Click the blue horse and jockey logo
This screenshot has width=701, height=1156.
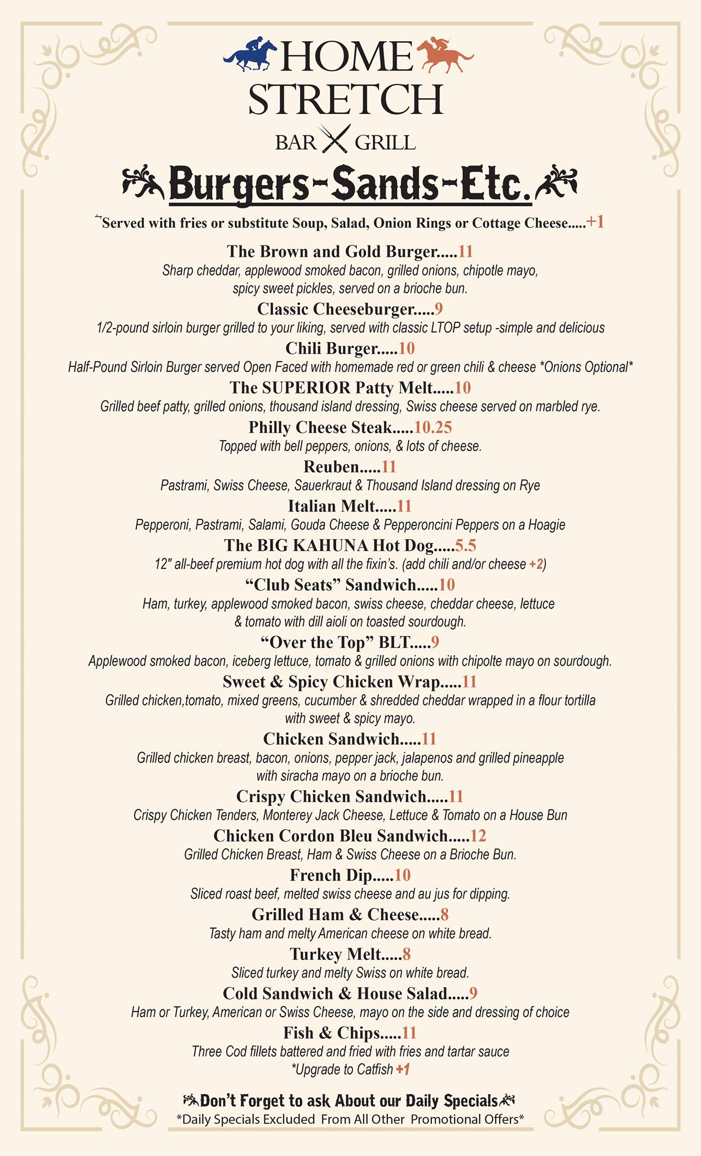pyautogui.click(x=250, y=55)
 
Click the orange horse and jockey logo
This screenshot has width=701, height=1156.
pyautogui.click(x=445, y=55)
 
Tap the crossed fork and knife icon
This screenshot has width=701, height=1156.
pyautogui.click(x=335, y=139)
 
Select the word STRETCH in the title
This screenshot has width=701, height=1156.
pyautogui.click(x=345, y=99)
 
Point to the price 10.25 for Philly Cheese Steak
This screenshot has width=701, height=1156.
pyautogui.click(x=433, y=427)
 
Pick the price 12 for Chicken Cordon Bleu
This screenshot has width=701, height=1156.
pyautogui.click(x=478, y=835)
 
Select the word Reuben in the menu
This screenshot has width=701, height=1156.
pyautogui.click(x=331, y=467)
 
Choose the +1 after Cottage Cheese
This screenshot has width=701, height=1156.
pyautogui.click(x=595, y=222)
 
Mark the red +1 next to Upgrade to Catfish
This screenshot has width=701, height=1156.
pyautogui.click(x=403, y=1069)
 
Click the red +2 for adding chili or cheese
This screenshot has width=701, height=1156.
pyautogui.click(x=536, y=564)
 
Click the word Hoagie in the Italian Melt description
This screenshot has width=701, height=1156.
pyautogui.click(x=546, y=525)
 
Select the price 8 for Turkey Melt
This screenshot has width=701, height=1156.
pyautogui.click(x=407, y=954)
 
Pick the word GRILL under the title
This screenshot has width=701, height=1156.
pyautogui.click(x=385, y=142)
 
